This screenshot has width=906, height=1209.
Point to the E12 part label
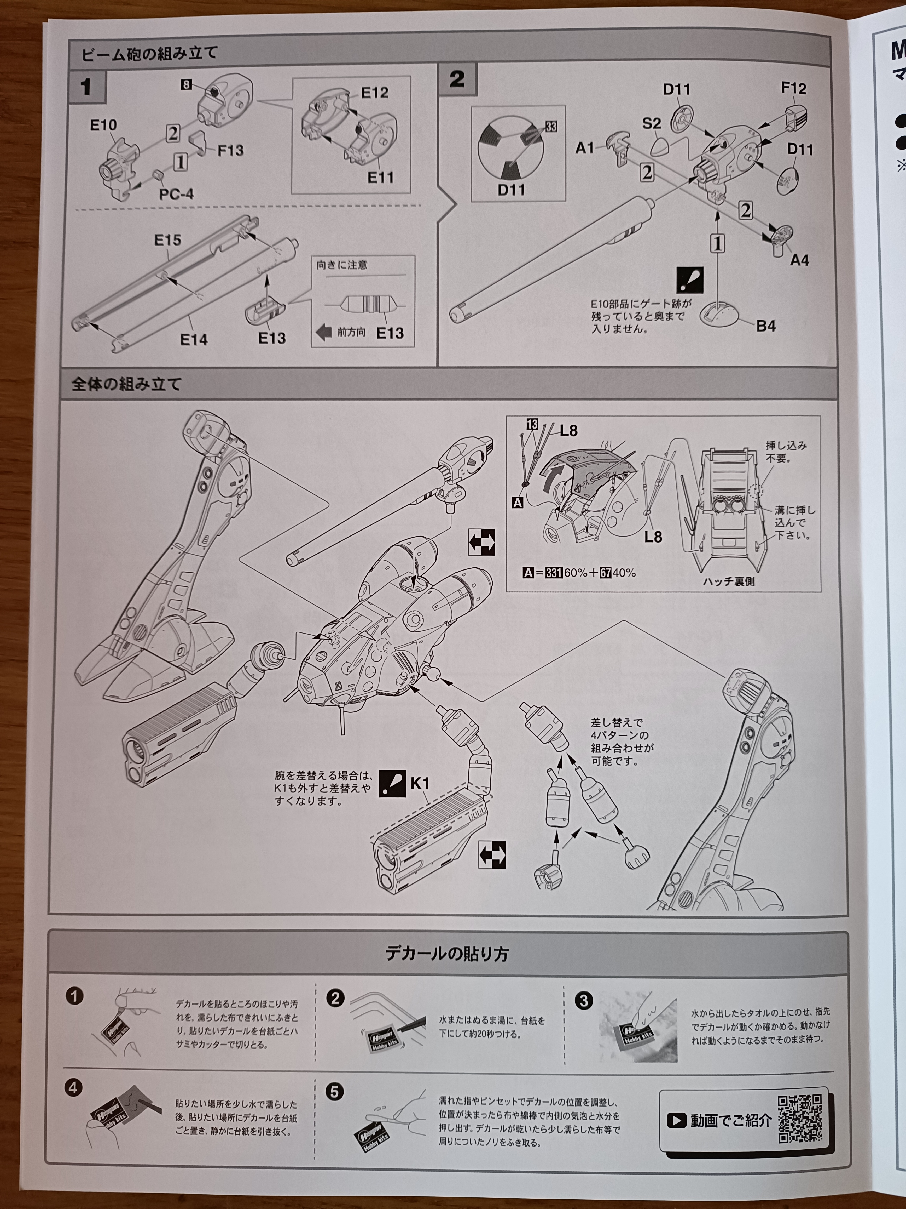click(x=375, y=92)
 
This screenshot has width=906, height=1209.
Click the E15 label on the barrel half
click(x=168, y=240)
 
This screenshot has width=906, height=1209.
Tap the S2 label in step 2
click(x=652, y=123)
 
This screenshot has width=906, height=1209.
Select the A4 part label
click(x=799, y=260)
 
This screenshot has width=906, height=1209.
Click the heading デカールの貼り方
click(x=447, y=954)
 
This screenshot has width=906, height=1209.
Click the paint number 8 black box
click(x=186, y=85)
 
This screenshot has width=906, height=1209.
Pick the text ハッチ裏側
click(x=729, y=581)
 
